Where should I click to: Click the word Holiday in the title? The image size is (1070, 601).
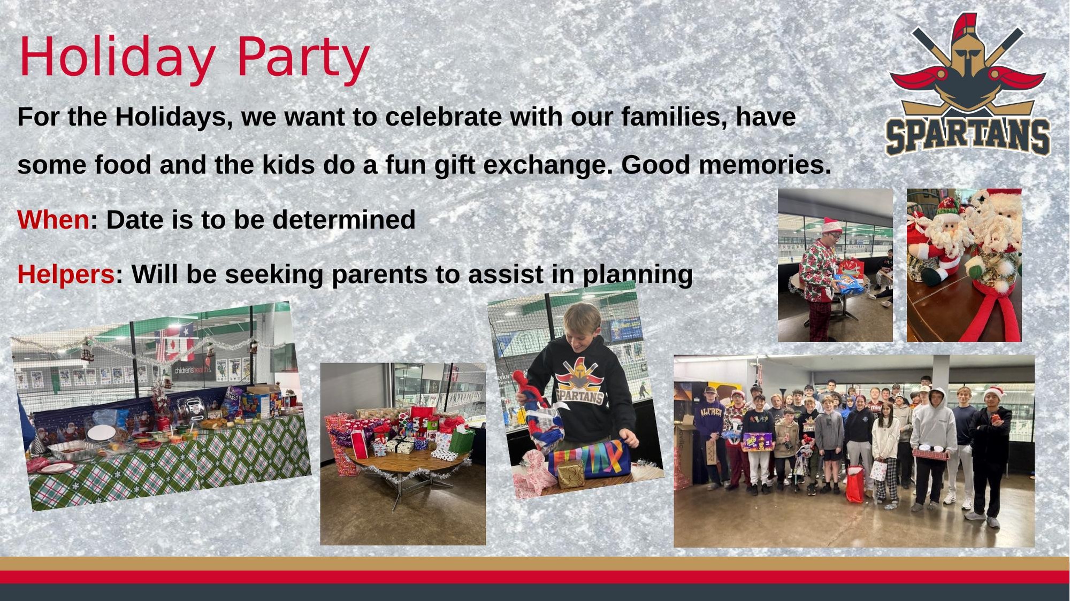117,57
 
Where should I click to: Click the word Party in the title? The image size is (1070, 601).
303,57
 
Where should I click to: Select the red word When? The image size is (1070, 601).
53,220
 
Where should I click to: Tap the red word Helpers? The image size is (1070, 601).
66,274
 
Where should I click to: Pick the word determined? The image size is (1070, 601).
344,220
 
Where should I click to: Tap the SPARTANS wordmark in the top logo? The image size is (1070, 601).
968,136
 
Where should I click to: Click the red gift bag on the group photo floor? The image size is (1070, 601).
854,484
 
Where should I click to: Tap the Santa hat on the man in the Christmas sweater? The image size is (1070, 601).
831,225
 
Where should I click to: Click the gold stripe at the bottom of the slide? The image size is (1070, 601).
535,564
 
